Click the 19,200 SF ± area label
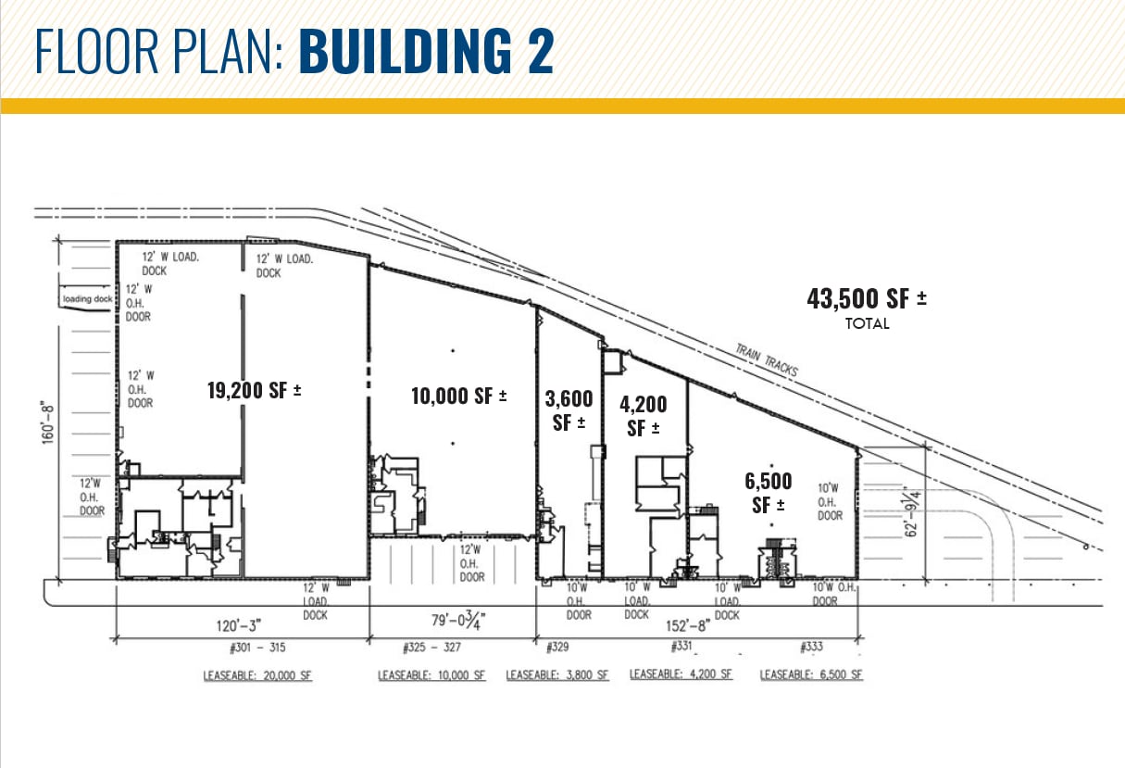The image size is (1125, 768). point(255,390)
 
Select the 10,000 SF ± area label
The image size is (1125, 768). point(459,396)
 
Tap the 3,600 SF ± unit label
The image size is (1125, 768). point(569,412)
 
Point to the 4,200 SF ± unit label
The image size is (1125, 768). point(642,416)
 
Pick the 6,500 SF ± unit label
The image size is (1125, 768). point(769,493)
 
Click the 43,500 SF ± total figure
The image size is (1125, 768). point(867,299)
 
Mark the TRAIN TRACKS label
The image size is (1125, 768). point(767,360)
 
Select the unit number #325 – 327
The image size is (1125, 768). point(432,646)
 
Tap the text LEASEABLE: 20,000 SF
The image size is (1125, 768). point(258,675)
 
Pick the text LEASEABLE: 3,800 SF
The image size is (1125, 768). point(557,675)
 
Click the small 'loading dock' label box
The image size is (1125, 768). point(87,299)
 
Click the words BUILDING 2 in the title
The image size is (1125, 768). point(426,53)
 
